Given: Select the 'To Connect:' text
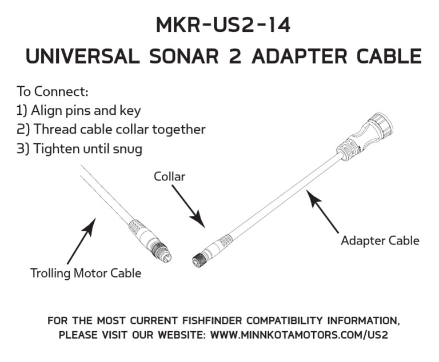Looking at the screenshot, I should click(x=52, y=91).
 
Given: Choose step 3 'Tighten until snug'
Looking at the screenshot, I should click(x=79, y=148).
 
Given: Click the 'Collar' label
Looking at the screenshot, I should click(x=170, y=176).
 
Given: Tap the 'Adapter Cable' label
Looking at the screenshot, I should click(x=380, y=240).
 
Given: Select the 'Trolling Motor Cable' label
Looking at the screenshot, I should click(x=86, y=273).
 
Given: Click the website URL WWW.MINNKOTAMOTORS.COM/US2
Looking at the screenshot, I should click(x=299, y=335).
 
